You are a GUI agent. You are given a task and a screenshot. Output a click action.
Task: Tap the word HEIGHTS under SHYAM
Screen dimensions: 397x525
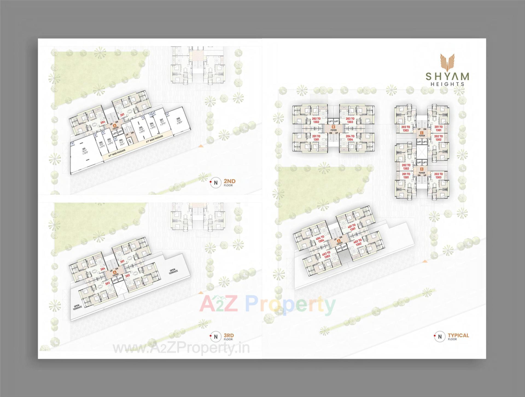coord(447,84)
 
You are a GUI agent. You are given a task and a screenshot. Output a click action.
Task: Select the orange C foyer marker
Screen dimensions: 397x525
coord(422,133)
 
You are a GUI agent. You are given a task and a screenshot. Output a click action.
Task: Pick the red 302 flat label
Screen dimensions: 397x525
coord(127,276)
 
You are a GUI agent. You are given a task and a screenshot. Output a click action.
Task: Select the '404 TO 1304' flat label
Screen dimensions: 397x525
coord(320,239)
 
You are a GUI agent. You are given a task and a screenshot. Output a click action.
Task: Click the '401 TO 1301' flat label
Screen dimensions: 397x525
coord(352,227)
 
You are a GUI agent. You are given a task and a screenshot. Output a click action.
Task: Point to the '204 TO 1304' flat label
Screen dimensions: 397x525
coord(350,138)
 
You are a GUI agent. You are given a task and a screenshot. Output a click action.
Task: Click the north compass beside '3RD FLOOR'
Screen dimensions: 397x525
coord(216,337)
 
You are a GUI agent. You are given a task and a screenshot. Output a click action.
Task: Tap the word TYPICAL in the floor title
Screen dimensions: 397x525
coord(458,335)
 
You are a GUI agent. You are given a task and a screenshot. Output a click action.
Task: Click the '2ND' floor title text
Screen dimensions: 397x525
coord(229,181)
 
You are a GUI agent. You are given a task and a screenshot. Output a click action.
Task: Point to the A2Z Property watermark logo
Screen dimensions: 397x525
coord(267,305)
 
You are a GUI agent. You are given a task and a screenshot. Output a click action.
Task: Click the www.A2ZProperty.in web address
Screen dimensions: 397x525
coord(181,348)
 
